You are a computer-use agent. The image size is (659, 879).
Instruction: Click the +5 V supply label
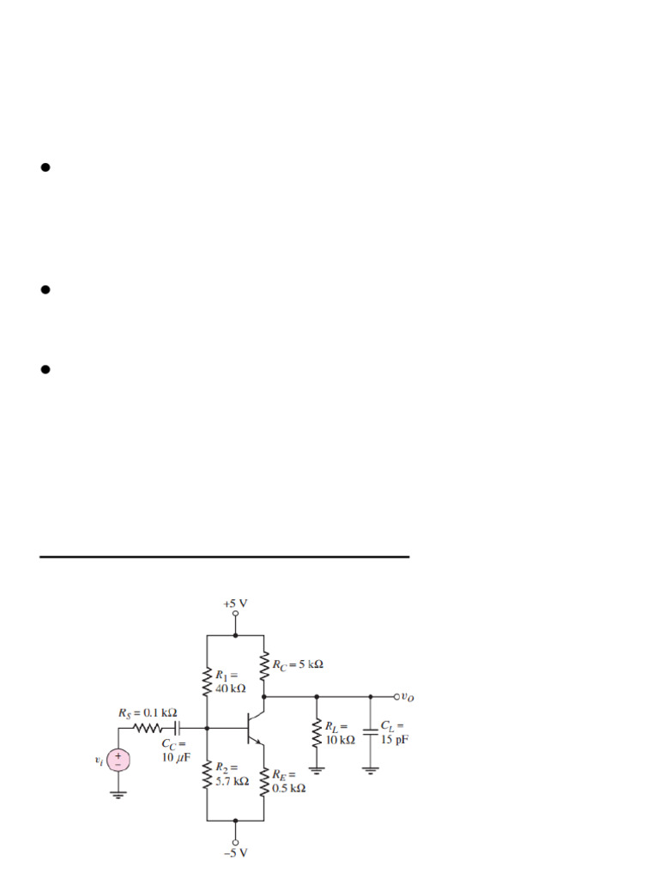click(235, 603)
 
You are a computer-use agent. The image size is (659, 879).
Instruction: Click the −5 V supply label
click(235, 852)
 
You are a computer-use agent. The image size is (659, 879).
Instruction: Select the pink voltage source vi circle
click(118, 760)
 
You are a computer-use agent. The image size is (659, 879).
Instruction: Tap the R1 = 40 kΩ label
click(230, 682)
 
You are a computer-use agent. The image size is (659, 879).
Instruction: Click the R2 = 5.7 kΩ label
click(232, 775)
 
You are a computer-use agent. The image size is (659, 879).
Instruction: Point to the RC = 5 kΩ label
click(298, 664)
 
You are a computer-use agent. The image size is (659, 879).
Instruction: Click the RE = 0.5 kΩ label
click(289, 781)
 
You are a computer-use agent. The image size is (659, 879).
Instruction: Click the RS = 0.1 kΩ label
click(148, 712)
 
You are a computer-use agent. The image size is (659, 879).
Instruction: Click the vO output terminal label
click(406, 696)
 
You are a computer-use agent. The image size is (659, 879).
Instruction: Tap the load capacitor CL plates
click(371, 732)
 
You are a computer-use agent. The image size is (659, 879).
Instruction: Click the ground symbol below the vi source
click(118, 794)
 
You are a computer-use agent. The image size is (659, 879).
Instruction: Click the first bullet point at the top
click(45, 167)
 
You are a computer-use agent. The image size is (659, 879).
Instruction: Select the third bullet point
click(45, 370)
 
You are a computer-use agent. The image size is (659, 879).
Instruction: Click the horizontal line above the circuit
click(224, 557)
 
